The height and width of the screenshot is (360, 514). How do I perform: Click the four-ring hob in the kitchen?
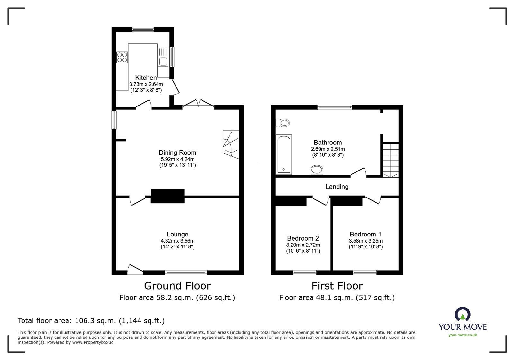tap(122, 57)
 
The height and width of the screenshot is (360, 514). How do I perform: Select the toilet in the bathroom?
tap(283, 123)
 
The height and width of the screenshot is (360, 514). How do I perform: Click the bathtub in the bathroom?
tap(284, 155)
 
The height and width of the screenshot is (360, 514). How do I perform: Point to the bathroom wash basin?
tap(317, 170)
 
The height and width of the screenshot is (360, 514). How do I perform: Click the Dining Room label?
tap(177, 153)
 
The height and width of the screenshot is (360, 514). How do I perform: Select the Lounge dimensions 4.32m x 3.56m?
tap(177, 241)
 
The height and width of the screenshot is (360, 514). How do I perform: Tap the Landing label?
tap(337, 187)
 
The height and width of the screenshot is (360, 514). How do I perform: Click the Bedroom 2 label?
tap(303, 238)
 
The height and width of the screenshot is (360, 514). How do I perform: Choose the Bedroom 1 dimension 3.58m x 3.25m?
tap(365, 241)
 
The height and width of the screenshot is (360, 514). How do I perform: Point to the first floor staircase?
tap(390, 160)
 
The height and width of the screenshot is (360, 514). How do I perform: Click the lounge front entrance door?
tap(135, 270)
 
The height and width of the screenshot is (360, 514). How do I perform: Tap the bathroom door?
tap(358, 172)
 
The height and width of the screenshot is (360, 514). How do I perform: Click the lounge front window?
tap(186, 272)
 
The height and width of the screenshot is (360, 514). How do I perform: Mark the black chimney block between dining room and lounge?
tap(167, 196)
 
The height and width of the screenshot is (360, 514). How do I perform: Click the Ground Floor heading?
tap(177, 286)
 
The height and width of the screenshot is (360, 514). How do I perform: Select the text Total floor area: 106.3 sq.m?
tap(91, 321)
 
